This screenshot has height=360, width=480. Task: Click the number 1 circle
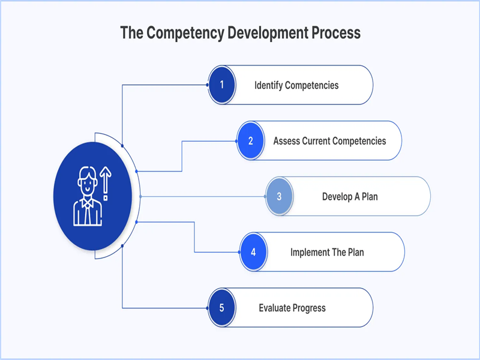click(x=222, y=85)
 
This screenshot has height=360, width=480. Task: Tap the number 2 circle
click(x=251, y=141)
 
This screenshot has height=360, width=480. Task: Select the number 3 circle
click(x=279, y=196)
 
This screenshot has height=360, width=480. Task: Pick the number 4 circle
click(x=253, y=252)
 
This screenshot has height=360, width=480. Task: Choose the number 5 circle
click(x=222, y=308)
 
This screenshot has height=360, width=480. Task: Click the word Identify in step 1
click(x=268, y=85)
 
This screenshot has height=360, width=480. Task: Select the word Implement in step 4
click(x=310, y=252)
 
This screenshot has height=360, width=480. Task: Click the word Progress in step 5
click(x=309, y=308)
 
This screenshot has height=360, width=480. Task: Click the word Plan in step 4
click(x=355, y=252)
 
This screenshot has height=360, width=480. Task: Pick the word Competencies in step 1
click(x=311, y=85)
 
